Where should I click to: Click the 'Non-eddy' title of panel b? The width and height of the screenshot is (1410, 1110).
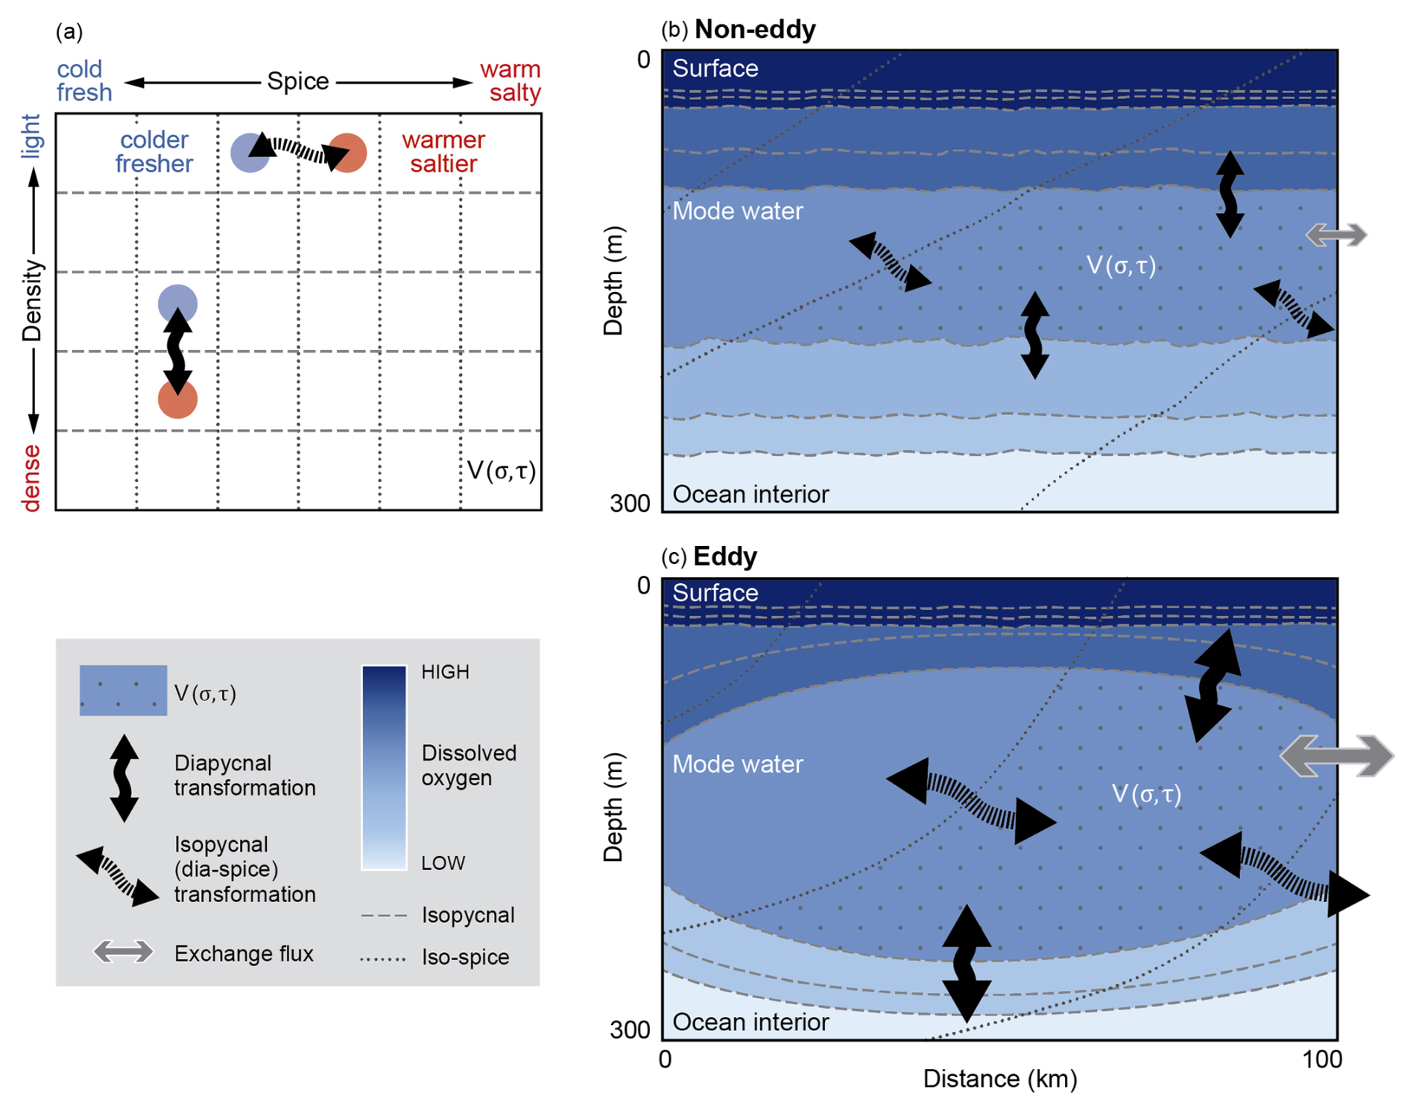[754, 30]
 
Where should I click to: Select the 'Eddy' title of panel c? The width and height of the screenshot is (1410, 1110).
[724, 556]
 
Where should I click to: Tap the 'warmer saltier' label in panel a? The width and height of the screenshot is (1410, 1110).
[443, 152]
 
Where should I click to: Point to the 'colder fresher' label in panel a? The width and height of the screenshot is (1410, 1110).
[154, 152]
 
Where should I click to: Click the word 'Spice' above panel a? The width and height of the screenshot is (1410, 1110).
[298, 80]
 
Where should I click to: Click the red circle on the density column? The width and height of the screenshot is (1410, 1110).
[177, 400]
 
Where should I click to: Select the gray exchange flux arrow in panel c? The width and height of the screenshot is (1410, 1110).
[1336, 755]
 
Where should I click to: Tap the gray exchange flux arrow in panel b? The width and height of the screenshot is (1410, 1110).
[1336, 235]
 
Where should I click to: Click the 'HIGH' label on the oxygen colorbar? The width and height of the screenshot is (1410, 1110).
[445, 672]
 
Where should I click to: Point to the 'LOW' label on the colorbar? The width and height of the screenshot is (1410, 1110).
[443, 863]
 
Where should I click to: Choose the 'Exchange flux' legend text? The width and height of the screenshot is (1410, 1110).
[244, 954]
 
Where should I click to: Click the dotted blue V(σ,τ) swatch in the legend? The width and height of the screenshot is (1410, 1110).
[123, 691]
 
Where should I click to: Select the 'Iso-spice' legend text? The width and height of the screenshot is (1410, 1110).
[465, 957]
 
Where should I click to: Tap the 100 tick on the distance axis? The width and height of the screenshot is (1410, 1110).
[1321, 1059]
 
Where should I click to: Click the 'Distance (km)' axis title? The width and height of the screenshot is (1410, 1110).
[999, 1079]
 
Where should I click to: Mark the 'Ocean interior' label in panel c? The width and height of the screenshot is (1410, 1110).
[750, 1022]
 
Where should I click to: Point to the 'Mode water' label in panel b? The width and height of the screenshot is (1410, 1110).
[737, 212]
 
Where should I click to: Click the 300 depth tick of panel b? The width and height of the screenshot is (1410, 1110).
[630, 504]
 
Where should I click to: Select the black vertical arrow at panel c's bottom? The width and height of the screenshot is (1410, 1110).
[967, 962]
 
